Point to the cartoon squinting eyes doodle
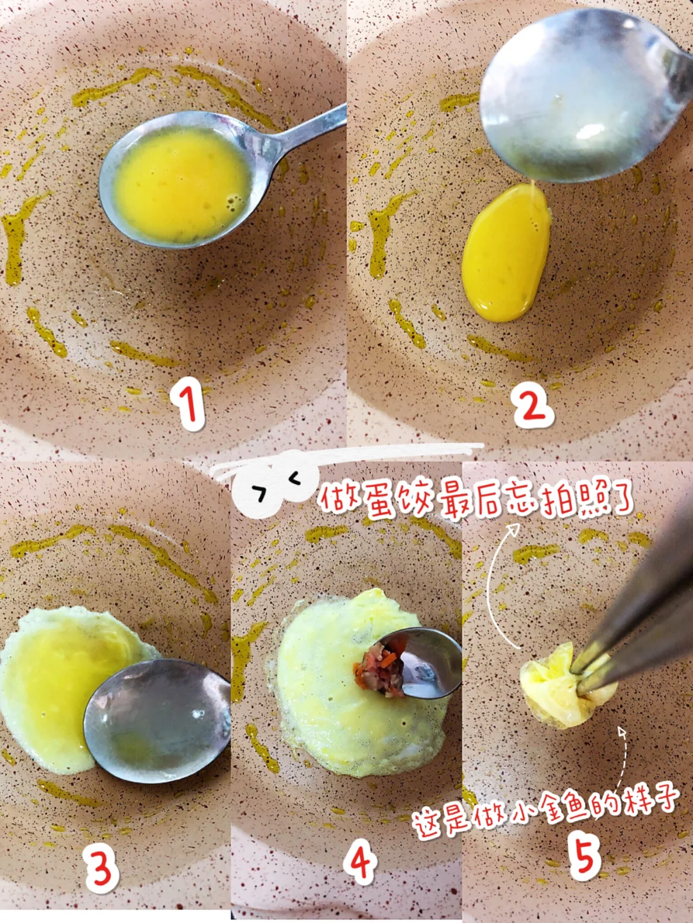click(278, 484)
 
